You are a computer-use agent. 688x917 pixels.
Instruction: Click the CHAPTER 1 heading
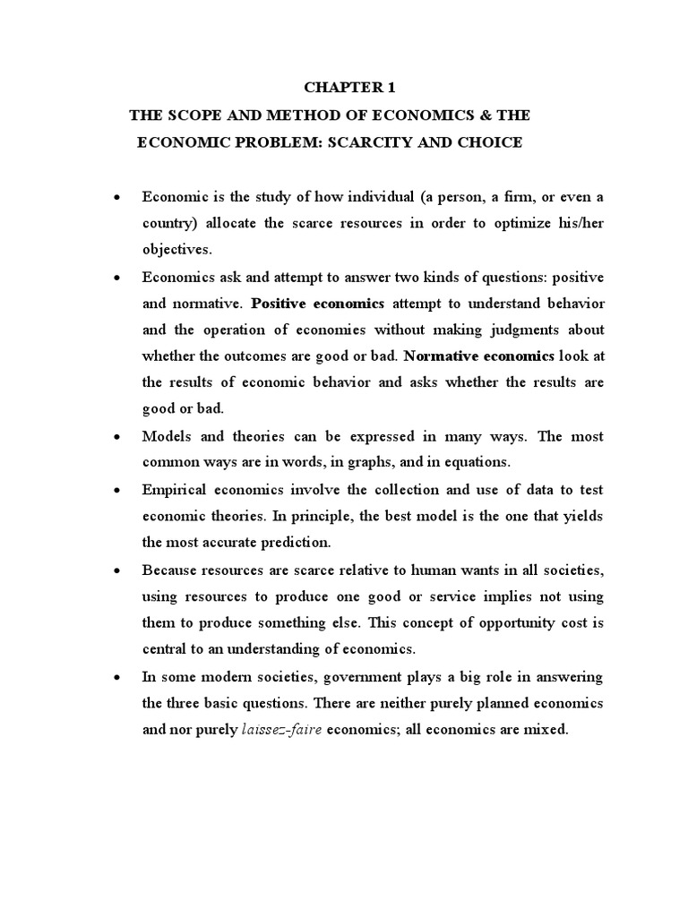point(348,88)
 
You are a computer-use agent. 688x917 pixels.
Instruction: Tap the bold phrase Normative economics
point(479,356)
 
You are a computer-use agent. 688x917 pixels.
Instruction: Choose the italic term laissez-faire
point(282,730)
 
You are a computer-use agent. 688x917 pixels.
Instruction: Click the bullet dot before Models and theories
point(117,437)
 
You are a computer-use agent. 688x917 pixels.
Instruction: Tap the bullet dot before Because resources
point(117,570)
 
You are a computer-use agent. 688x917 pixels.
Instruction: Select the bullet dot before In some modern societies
point(117,677)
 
